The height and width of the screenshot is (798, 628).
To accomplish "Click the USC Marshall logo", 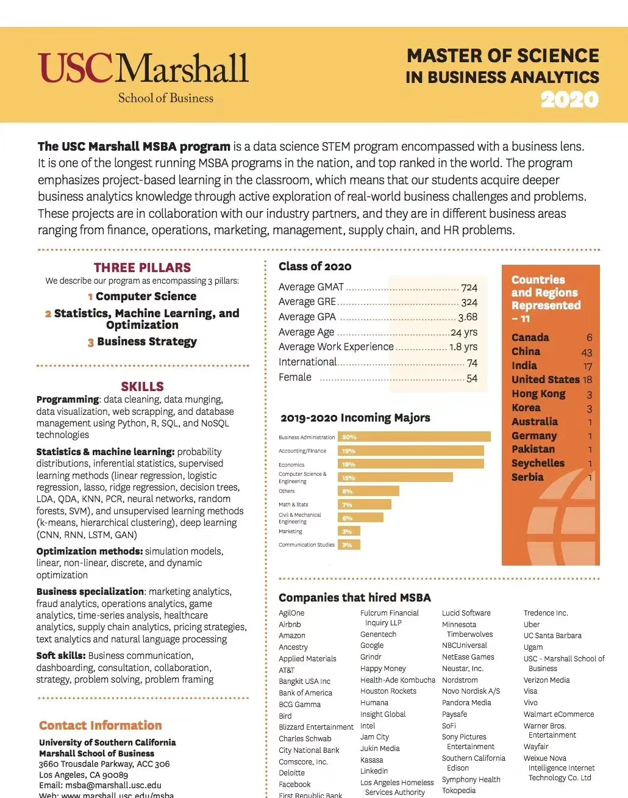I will tap(143, 76).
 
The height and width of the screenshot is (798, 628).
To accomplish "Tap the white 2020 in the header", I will tap(569, 99).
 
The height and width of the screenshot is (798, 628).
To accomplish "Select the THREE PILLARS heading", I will tap(142, 267).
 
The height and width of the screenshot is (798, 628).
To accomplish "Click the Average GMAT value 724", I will tap(469, 287).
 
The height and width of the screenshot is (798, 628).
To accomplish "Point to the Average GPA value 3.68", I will tap(468, 317).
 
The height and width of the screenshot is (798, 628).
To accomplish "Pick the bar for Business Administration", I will tap(414, 437).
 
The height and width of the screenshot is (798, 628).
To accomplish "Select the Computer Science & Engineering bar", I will tap(395, 478).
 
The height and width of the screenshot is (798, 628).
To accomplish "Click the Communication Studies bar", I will tap(349, 545).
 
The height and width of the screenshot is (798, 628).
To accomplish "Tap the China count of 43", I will tap(587, 352).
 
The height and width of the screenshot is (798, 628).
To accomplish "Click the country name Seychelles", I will tap(538, 463).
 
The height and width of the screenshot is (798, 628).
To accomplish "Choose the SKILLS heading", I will tap(142, 386).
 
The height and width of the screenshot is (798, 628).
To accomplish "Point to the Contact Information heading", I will tap(101, 725).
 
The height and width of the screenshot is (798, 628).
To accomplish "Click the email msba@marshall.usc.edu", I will tap(113, 785).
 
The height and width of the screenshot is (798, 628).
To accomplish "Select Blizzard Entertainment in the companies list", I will tap(316, 727).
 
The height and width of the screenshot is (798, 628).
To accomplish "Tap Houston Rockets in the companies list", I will tap(388, 691).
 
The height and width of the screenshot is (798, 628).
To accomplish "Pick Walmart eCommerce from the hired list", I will tap(558, 714).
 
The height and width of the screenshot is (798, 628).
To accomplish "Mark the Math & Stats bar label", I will tap(293, 505).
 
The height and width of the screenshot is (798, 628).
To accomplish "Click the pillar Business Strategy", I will tap(146, 342).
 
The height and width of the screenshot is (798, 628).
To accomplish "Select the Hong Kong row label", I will tap(538, 394).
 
